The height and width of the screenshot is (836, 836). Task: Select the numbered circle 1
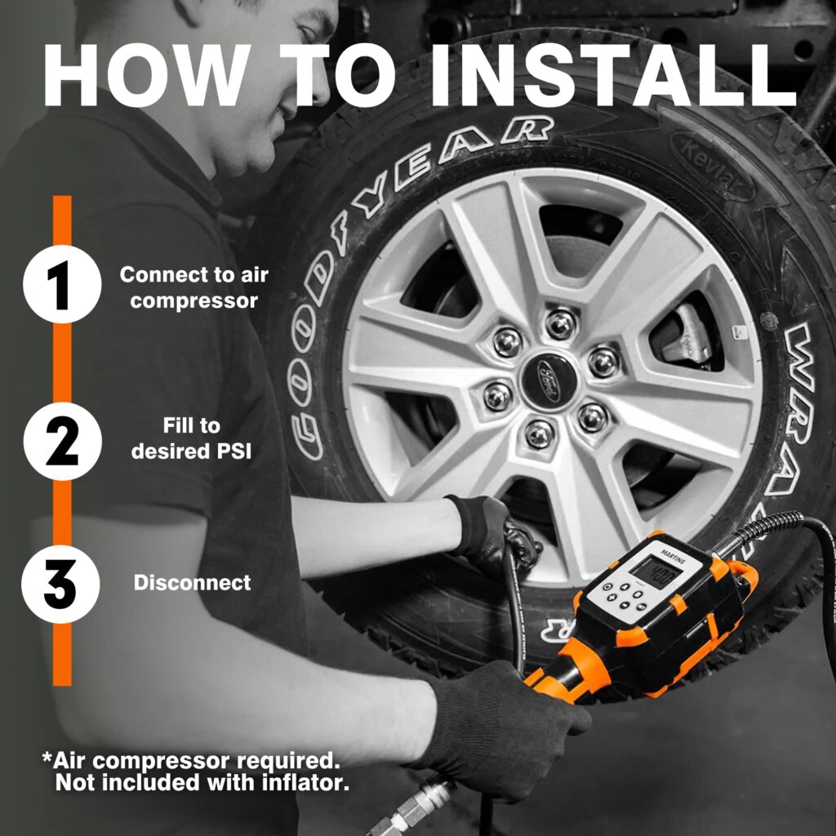(62, 286)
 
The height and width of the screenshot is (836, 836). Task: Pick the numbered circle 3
(62, 583)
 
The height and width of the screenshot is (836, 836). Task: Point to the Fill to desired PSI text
(191, 438)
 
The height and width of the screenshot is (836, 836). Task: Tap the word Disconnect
(192, 583)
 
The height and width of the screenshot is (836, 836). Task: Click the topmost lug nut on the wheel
(560, 322)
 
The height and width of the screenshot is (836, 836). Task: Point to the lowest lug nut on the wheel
(539, 433)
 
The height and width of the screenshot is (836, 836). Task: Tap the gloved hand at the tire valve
(490, 531)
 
